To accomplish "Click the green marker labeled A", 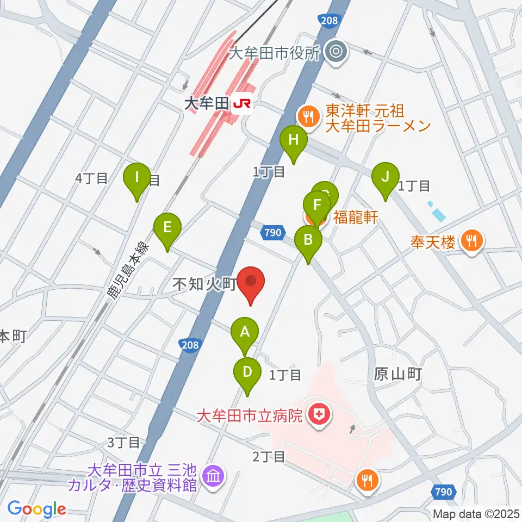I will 245,332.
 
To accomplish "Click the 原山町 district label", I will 397,374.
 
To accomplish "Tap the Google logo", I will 36,508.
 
